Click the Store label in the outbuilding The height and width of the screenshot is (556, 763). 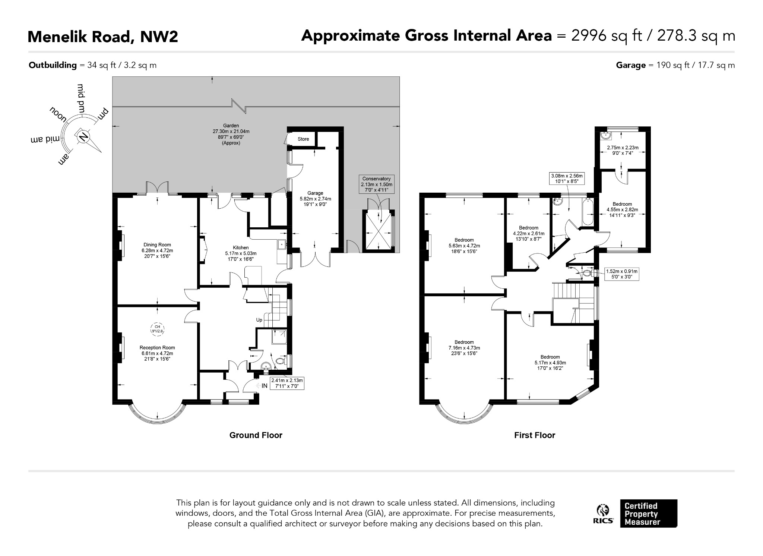[303, 139]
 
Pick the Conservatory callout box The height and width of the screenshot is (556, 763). [376, 184]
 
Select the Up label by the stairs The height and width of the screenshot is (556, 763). [259, 320]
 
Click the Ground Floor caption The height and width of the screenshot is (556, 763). [256, 435]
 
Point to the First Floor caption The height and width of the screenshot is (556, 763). [535, 435]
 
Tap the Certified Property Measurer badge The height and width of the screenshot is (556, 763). [649, 514]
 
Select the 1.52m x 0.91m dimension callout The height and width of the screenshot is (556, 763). [621, 274]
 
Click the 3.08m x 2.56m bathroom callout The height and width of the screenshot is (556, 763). [566, 179]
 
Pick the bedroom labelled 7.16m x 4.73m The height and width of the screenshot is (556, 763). [464, 348]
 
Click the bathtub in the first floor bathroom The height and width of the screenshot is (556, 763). [588, 212]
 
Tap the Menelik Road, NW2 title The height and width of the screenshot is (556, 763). [103, 37]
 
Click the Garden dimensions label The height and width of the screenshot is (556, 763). [231, 134]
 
